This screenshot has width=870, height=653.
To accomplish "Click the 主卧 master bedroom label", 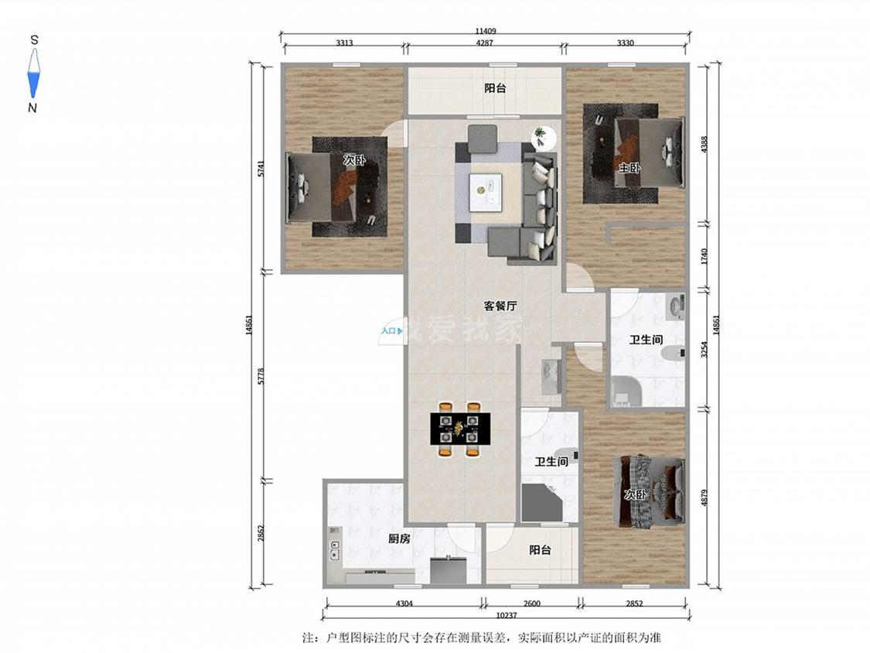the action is coord(629,167).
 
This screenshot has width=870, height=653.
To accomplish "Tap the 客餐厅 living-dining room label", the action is coord(500,306).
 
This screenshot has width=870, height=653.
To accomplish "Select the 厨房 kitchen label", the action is coord(399,538).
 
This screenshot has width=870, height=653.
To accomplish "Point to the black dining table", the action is coord(460,428).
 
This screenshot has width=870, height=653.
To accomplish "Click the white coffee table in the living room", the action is coord(485,192).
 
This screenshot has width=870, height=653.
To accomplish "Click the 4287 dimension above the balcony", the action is coord(484,43).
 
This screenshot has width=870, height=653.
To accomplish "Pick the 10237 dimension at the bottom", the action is coord(506,615).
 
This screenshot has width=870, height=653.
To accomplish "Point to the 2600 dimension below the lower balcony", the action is coord(531,603).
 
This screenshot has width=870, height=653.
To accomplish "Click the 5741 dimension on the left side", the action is coord(261,169).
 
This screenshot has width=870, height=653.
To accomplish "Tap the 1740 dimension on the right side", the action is coord(704,257).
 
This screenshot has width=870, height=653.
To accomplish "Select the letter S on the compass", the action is coord(34,40).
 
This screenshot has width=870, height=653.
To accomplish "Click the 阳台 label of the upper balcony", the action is coord(495,88).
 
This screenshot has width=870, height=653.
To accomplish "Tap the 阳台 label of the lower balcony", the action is coord(540,550).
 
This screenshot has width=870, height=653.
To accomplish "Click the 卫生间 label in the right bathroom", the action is coord(646,340).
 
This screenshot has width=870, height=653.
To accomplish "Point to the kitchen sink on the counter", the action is coord(335,549).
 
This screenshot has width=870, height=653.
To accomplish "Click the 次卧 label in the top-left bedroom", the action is coord(354,161).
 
